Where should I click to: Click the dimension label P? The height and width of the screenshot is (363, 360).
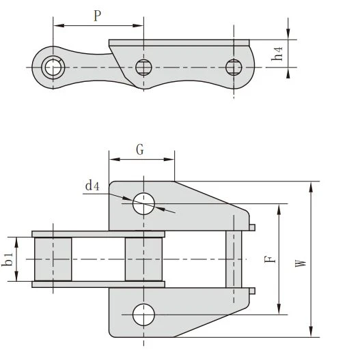(98, 16)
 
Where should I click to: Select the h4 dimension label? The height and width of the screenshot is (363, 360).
(277, 54)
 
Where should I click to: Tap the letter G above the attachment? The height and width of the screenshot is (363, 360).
(140, 149)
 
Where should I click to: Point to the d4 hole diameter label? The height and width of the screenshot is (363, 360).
(92, 186)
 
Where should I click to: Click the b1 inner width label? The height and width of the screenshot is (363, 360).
(8, 259)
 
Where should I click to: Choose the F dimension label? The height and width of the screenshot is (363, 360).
(271, 259)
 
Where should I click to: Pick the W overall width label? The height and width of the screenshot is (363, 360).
(301, 263)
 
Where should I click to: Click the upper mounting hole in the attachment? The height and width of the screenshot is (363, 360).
(143, 203)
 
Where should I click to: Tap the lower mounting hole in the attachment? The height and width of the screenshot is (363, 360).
(143, 315)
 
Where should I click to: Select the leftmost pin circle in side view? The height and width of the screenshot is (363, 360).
(53, 68)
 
